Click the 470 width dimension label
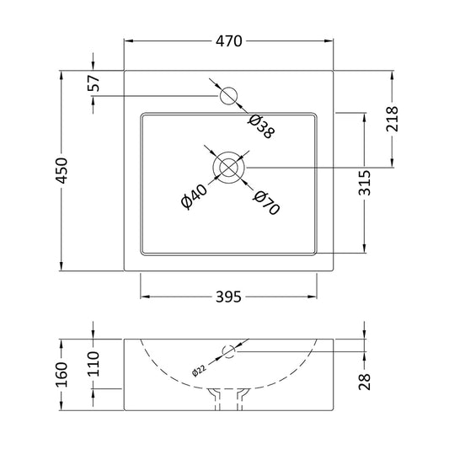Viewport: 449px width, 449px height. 228,41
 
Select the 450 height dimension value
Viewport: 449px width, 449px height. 61,170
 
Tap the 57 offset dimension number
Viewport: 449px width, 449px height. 94,83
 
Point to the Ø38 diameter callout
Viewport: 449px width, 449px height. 261,126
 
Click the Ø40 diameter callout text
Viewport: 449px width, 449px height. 194,196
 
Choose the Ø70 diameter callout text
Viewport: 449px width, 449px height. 266,203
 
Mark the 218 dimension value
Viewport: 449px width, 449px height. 392,119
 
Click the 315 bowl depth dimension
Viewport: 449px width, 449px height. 365,183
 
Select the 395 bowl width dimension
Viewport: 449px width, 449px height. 228,297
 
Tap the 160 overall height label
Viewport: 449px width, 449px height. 61,375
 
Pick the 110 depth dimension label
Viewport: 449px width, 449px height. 93,364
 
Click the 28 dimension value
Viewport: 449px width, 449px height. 365,382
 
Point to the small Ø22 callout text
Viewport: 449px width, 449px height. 199,371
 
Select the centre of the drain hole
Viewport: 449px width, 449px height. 228,168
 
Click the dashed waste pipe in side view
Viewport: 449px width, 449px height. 228,399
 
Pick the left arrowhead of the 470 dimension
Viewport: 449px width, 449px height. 129,41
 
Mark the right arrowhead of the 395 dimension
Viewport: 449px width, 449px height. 313,297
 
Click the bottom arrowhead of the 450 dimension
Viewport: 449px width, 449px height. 61,265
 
